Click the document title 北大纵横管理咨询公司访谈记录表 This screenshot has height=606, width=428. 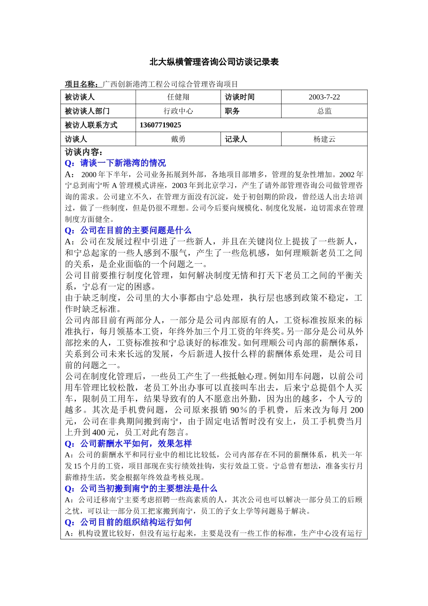coord(214,62)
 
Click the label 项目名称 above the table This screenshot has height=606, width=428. coord(82,84)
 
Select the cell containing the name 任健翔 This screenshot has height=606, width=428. coord(178,97)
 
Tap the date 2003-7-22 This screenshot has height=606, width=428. coord(324,97)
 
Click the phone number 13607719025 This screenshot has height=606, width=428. coord(160,125)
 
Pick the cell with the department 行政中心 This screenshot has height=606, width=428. coord(178,111)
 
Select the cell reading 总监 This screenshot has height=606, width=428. coord(324,111)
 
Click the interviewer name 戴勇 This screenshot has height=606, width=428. coord(178,139)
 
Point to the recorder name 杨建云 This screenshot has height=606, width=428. coord(324,139)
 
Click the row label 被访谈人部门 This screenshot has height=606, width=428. coord(87,111)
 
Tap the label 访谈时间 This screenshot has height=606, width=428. coord(240,97)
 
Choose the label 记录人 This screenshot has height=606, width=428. coord(236,139)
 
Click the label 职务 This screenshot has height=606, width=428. coord(232,111)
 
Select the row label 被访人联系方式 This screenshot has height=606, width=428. coord(91,125)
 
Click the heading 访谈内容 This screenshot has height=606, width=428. coord(84,152)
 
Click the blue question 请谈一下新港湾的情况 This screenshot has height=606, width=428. coord(123,163)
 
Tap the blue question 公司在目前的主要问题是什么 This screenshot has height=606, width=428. coord(135,230)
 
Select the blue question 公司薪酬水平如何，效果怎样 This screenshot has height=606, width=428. coord(136,444)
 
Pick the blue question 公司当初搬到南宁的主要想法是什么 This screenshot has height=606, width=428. coord(148,488)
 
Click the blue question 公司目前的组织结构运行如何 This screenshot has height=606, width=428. coord(136,522)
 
